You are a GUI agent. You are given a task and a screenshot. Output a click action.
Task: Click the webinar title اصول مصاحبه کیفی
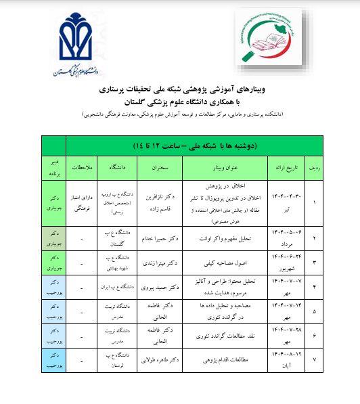[228, 262]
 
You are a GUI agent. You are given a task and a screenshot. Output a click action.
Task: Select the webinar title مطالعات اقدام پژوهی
[228, 361]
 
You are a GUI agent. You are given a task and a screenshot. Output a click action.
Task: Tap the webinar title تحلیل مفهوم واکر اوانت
[228, 239]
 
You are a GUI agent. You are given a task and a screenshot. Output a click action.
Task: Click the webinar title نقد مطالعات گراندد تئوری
[228, 336]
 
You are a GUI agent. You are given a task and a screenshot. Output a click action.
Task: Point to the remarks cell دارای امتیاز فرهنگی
[81, 202]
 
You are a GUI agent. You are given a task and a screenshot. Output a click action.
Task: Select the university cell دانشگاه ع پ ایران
[120, 287]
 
